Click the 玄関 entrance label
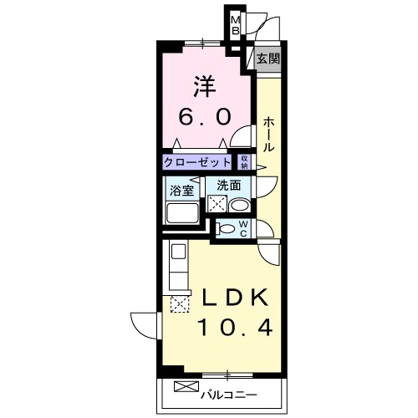pos(268,59)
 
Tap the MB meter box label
pos(236,26)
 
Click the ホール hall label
pos(268,134)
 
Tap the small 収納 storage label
pos(245,161)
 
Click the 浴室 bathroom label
pos(181,189)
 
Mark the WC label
pos(243,227)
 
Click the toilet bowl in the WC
pos(227,227)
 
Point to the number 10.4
pos(234,327)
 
